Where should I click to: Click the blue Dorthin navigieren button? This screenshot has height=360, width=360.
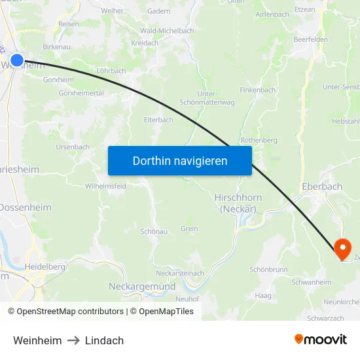coord(180,160)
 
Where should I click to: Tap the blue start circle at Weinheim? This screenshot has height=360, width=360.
coord(17,60)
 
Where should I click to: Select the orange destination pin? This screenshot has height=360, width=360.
coord(342,249)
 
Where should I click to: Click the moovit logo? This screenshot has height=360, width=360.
coord(321,340)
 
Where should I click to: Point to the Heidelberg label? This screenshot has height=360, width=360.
coord(45,267)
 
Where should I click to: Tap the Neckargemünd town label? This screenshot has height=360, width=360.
coord(141,287)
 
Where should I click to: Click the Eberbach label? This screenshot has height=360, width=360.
coord(322,187)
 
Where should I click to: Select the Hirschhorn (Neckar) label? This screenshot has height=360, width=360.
coord(238,203)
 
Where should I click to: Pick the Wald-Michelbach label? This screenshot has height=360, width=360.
coord(167,31)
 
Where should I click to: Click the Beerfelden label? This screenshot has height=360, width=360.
coord(310,39)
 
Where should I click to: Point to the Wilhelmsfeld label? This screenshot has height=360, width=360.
coord(105,186)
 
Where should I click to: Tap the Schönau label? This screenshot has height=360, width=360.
coord(154,232)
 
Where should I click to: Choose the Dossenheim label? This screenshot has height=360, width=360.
coord(25,207)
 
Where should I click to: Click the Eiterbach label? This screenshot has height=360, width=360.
coord(158,120)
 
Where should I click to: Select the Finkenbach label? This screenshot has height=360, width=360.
coord(258,90)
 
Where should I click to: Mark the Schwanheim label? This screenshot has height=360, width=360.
coord(311,282)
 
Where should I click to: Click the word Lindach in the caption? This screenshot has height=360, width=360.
coord(104,340)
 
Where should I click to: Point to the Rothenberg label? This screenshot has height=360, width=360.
coord(259,140)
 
